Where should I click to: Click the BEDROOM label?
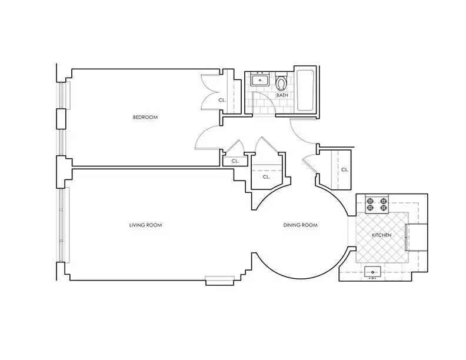[x=145, y=117]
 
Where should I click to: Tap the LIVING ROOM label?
[x=146, y=225]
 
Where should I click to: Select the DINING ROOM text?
[x=301, y=225]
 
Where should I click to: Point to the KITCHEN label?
[x=382, y=235]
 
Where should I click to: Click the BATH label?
[x=282, y=95]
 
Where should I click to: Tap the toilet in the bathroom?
[x=281, y=81]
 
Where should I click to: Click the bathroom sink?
[x=260, y=79]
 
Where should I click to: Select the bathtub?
[x=305, y=91]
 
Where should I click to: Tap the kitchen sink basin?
[x=372, y=272]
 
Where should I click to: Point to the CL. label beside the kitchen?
[x=345, y=170]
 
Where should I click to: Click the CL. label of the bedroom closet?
[x=222, y=101]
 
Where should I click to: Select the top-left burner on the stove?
[x=370, y=201]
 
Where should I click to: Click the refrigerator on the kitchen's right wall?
[x=417, y=237]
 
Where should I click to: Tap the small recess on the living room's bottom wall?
[x=219, y=281]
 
